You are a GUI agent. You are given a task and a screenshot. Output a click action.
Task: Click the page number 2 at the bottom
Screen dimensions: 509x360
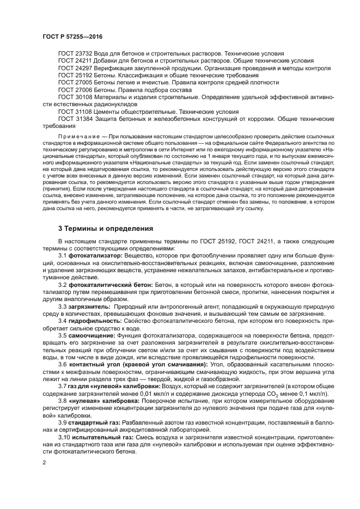45,463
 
